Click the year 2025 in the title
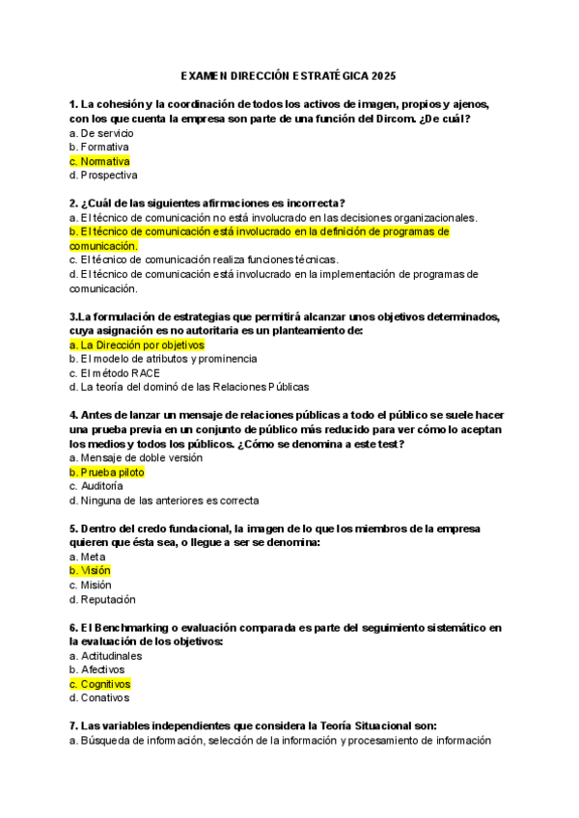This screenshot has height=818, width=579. [383, 75]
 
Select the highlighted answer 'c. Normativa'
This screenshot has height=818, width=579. [99, 161]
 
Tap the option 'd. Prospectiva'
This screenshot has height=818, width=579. [103, 176]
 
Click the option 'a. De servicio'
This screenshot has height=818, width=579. [101, 132]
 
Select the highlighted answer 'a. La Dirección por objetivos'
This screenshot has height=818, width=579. [137, 344]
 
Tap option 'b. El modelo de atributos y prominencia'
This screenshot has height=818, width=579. [163, 359]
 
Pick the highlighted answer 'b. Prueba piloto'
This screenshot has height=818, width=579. [107, 473]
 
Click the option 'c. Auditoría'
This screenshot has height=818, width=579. [96, 486]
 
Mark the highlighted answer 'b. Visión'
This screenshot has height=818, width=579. [90, 571]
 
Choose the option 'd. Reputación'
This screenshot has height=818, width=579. [101, 599]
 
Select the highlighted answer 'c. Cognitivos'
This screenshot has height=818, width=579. [100, 684]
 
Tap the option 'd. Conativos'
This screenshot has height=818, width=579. [99, 697]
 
